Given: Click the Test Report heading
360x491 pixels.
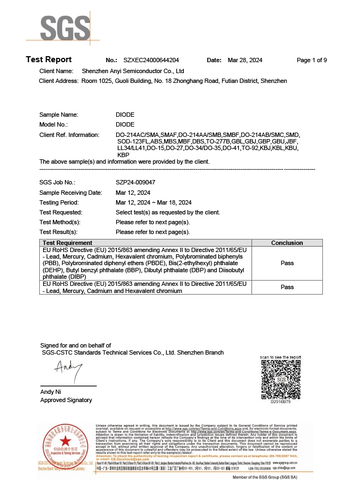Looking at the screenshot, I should pyautogui.click(x=49, y=60).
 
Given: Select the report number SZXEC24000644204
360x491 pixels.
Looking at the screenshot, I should pyautogui.click(x=152, y=61).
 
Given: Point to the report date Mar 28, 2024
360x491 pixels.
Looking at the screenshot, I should pyautogui.click(x=245, y=61).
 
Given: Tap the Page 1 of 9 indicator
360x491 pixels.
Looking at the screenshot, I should pyautogui.click(x=311, y=61).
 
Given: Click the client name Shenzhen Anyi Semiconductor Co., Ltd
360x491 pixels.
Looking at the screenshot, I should pyautogui.click(x=133, y=71).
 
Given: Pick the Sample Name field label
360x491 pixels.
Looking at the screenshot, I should pyautogui.click(x=58, y=115).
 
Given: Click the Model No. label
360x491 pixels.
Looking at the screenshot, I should pyautogui.click(x=53, y=124).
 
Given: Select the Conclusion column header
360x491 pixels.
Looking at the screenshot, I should pyautogui.click(x=287, y=243).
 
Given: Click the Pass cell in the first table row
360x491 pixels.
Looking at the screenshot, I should pyautogui.click(x=287, y=263).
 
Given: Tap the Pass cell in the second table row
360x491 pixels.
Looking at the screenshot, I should pyautogui.click(x=287, y=287).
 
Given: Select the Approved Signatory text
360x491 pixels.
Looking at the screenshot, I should pyautogui.click(x=66, y=400).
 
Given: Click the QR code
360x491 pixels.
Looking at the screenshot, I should pyautogui.click(x=281, y=379).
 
